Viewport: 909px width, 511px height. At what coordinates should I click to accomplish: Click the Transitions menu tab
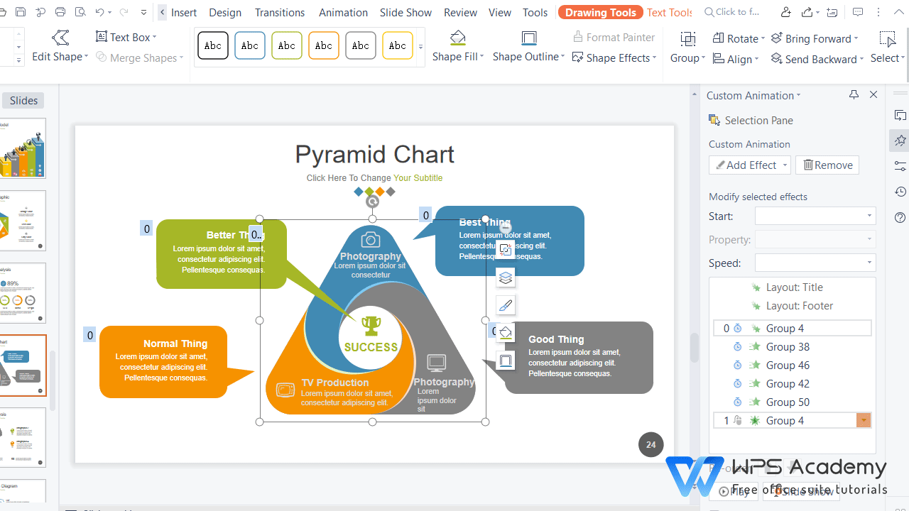[279, 13]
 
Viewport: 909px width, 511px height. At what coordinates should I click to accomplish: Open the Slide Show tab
[405, 13]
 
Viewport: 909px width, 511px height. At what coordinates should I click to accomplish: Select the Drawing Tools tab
[600, 13]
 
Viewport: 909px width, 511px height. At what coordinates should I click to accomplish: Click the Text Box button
[126, 37]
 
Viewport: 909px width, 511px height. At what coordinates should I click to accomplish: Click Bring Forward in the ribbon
[815, 38]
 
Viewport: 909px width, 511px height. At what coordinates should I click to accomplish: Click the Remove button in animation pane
[827, 165]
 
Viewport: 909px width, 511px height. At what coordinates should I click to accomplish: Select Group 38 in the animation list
[788, 347]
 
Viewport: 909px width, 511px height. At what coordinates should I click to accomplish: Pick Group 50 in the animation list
[788, 402]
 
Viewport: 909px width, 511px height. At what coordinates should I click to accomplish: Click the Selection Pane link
[758, 121]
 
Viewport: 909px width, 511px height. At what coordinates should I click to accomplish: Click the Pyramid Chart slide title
[374, 154]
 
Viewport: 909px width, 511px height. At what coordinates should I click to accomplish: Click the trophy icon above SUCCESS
[371, 326]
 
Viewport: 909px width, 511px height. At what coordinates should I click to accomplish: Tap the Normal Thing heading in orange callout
[175, 344]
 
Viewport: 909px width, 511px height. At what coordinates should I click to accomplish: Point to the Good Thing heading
[556, 339]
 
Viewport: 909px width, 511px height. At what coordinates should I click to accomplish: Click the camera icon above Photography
[370, 239]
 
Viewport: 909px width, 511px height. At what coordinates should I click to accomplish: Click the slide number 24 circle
[651, 445]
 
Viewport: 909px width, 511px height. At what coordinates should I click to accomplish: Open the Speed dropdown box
[815, 263]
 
